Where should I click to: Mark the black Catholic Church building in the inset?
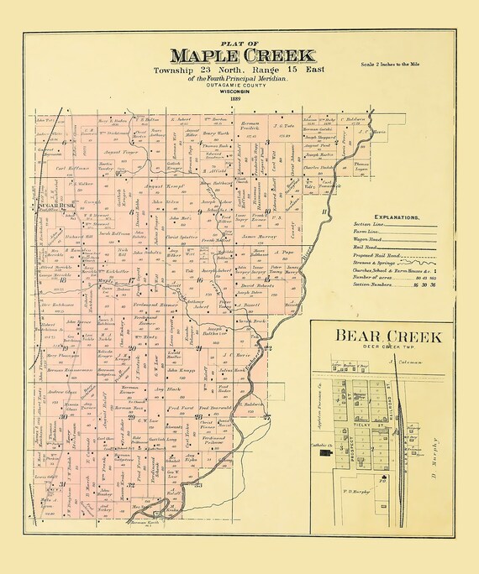[x=326, y=453]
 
